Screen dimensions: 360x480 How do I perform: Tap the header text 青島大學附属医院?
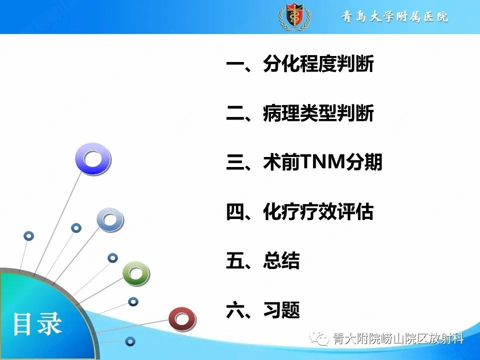[394, 17]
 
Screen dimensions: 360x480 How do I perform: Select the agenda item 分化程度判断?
[318, 65]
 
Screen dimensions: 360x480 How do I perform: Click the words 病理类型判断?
[318, 114]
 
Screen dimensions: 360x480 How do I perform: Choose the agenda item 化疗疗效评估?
[318, 212]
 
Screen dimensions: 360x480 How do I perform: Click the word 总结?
[281, 261]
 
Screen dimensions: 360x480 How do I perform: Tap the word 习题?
[281, 310]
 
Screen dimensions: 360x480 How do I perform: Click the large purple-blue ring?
[92, 159]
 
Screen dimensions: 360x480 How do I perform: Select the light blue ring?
[110, 220]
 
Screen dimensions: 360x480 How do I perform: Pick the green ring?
[136, 273]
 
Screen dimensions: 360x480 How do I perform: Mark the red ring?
[181, 319]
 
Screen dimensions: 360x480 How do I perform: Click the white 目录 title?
[37, 324]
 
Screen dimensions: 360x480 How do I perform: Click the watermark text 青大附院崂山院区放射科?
[398, 339]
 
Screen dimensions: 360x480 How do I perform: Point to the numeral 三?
[234, 163]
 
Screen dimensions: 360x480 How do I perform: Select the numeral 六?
[234, 310]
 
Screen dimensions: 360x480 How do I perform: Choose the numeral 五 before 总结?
[234, 261]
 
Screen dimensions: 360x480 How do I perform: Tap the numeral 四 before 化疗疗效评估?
[234, 212]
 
